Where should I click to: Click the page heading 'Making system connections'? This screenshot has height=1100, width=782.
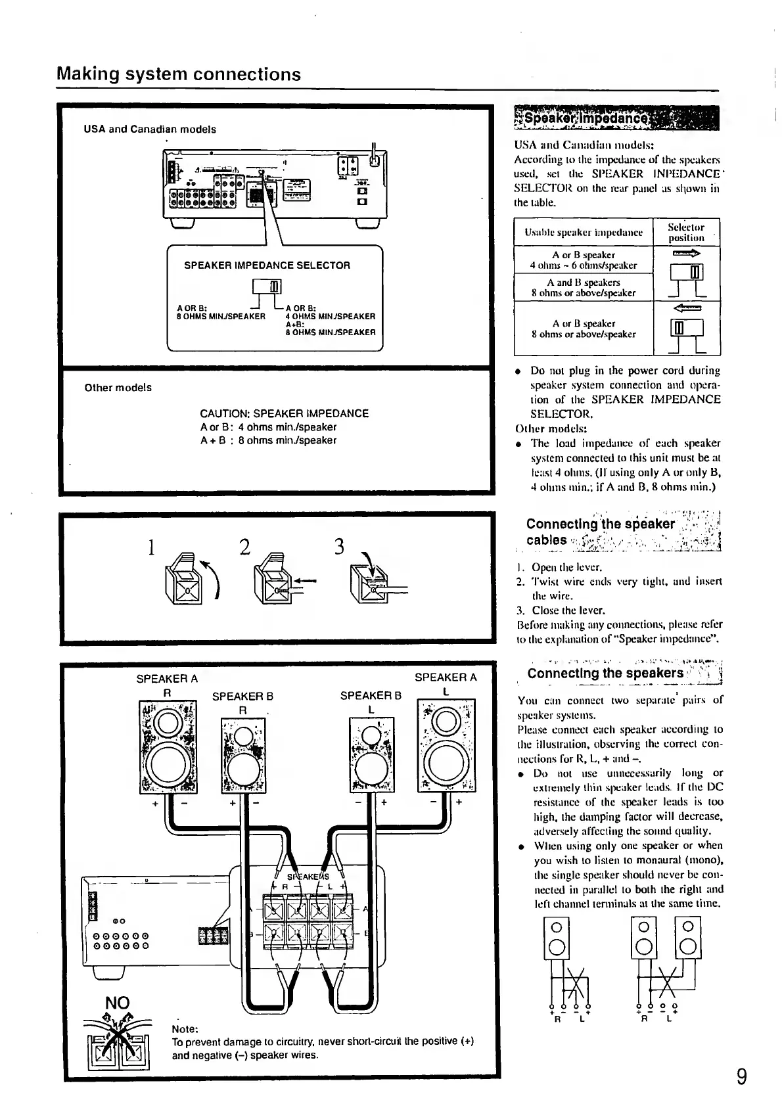point(179,74)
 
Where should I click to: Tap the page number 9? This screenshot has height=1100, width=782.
point(741,1077)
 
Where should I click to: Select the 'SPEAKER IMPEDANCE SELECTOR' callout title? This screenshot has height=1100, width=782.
point(267,265)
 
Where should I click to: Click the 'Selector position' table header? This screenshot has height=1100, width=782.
point(686,233)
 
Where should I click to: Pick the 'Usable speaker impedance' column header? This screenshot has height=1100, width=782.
point(584,232)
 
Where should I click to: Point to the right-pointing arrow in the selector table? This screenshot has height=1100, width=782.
point(687,253)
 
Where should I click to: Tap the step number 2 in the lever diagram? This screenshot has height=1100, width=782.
point(245,547)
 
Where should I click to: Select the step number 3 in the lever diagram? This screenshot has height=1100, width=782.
point(340,547)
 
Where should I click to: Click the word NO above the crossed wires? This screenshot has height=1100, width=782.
point(118,1002)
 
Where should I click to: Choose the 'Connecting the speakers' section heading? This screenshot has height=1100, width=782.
point(605,674)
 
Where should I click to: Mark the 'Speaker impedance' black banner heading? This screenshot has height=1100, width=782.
point(616,120)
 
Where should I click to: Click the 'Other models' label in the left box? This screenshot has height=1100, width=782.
point(118,388)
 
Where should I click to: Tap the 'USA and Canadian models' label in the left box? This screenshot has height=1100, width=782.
point(150,129)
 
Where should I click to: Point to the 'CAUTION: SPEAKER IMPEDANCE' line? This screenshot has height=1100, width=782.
point(284,413)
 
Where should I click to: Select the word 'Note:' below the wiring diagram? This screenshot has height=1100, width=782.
point(185,1028)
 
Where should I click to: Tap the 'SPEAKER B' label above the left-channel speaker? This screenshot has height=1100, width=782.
point(371,696)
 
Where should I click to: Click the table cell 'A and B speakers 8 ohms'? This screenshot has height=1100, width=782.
point(584,288)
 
